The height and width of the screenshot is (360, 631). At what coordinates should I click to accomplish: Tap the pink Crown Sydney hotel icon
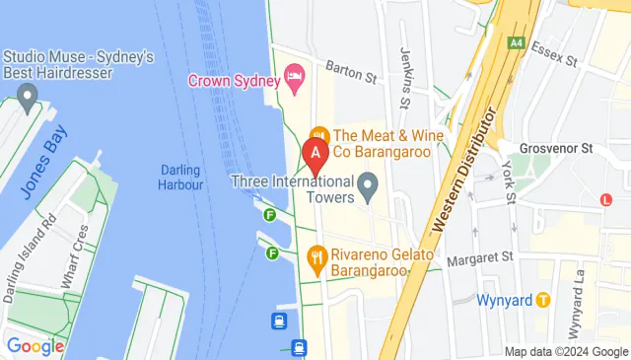pyautogui.click(x=293, y=76)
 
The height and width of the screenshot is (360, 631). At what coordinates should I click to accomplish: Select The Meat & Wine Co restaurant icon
pyautogui.click(x=318, y=135)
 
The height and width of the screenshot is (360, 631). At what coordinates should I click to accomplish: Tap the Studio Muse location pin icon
pyautogui.click(x=27, y=98)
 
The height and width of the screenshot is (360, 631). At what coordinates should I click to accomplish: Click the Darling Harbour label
pyautogui.click(x=180, y=177)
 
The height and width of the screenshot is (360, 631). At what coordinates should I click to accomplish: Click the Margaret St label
pyautogui.click(x=480, y=259)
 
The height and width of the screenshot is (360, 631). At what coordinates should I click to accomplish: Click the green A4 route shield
pyautogui.click(x=516, y=42)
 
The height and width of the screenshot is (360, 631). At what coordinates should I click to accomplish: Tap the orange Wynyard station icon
pyautogui.click(x=542, y=300)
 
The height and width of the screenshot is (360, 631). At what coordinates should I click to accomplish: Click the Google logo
pyautogui.click(x=35, y=346)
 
